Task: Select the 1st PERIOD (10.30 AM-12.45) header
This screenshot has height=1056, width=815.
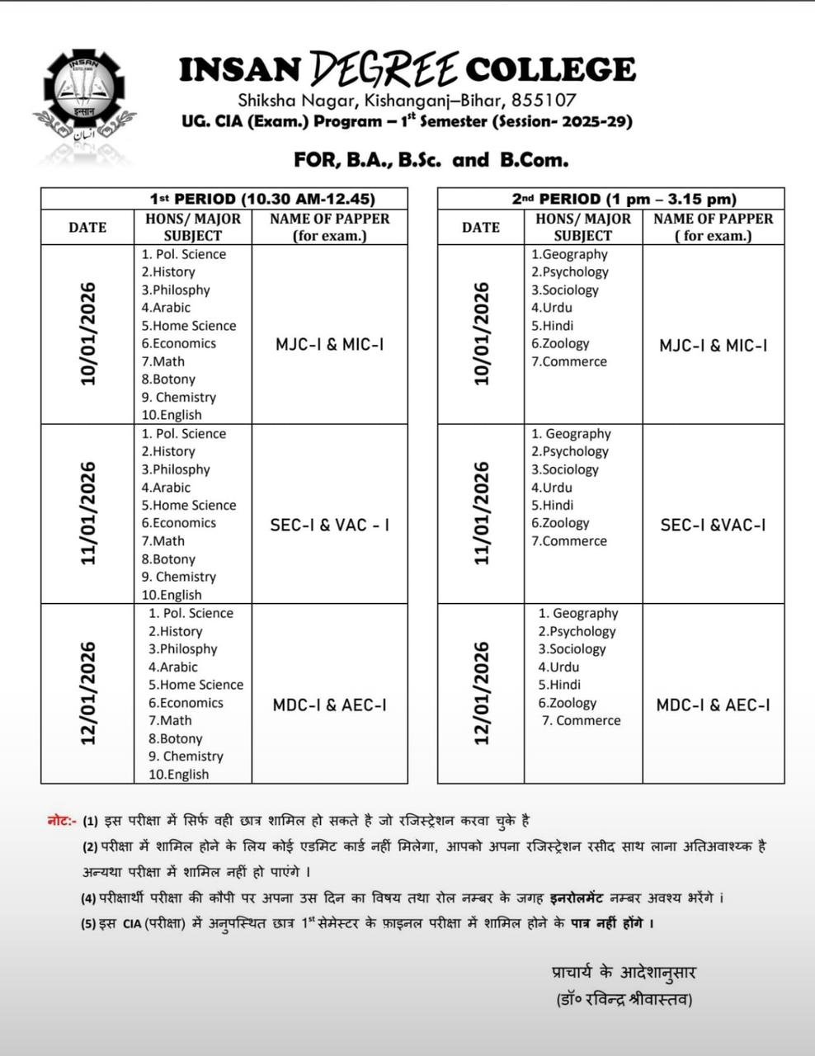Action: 262,199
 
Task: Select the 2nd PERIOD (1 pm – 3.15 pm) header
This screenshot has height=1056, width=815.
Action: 624,199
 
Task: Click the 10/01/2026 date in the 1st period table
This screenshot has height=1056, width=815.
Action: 87,334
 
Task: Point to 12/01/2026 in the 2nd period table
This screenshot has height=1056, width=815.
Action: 482,693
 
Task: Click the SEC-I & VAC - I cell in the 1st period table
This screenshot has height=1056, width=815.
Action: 330,525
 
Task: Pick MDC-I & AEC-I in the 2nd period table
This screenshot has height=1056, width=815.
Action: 713,705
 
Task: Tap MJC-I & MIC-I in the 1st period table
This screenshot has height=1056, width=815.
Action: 330,345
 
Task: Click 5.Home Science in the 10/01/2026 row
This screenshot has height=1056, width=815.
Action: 188,326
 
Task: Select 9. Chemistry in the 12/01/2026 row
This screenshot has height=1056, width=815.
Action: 186,757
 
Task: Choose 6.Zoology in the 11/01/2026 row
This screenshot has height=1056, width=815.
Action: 560,523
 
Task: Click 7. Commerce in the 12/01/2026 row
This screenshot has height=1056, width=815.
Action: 581,721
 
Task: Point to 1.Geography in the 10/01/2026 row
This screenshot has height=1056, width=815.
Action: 569,255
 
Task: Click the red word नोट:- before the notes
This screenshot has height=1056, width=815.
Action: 62,821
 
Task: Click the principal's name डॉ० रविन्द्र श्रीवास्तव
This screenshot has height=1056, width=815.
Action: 624,1000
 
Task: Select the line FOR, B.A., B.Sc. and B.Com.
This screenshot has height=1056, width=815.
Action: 431,159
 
